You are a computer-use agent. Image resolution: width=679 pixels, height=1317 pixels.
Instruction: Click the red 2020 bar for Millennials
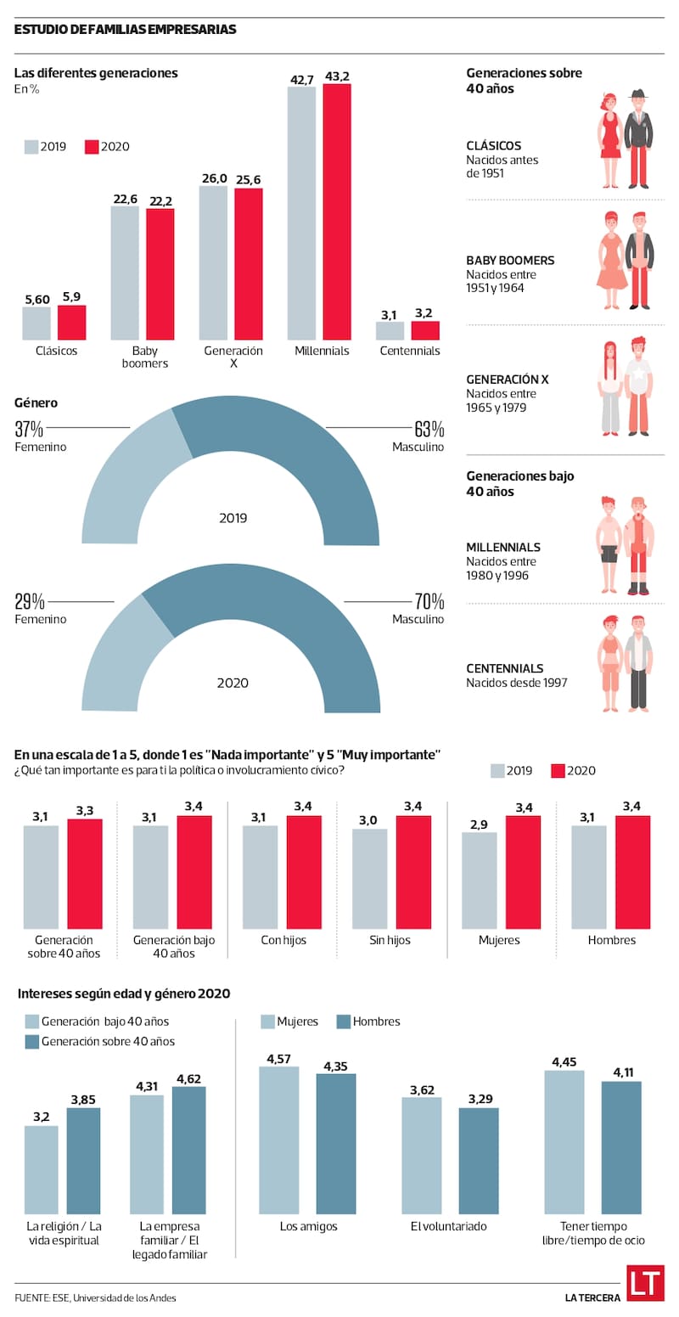pos(337,212)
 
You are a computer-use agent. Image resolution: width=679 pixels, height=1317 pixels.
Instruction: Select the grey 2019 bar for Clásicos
pos(36,324)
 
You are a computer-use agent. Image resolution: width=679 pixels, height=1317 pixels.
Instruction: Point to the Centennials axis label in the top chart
pos(410,351)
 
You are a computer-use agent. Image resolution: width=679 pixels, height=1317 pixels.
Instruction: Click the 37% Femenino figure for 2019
pos(29,429)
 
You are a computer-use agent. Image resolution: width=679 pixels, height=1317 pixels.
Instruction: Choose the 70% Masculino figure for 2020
pos(429,602)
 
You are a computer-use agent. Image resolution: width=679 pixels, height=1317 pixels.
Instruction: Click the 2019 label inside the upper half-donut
pos(233,518)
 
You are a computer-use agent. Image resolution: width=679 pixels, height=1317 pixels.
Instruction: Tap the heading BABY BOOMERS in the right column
pos(510,261)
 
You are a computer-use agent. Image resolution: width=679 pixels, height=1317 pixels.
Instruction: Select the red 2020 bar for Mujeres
pos(523,872)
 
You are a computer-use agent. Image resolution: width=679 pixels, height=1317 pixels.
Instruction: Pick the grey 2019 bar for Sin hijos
pos(369,878)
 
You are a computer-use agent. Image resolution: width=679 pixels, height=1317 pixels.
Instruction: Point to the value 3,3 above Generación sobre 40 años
pos(85,811)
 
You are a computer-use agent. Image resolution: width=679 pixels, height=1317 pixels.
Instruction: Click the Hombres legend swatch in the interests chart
pos(345,1022)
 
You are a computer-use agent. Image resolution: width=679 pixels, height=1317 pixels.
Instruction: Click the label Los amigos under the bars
pos(308,1226)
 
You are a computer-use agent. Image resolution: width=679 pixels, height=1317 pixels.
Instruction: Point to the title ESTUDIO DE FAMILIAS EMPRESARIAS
pos(126,30)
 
